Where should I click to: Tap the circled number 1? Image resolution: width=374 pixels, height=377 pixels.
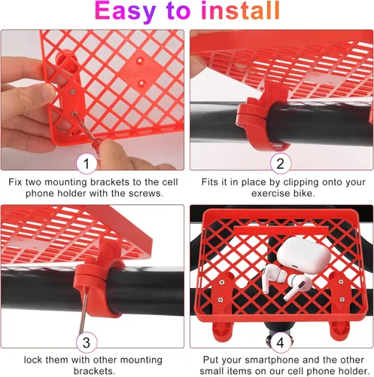(87, 163)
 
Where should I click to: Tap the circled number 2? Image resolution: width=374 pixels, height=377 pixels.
(280, 163)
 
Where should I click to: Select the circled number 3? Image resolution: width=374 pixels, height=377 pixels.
(87, 342)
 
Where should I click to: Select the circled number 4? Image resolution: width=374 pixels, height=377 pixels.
(280, 342)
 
